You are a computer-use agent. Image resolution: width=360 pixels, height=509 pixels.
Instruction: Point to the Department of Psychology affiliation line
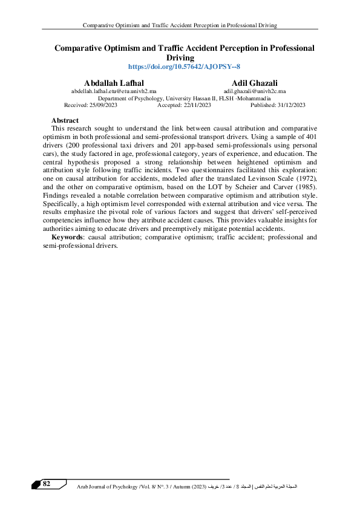pyautogui.click(x=185, y=98)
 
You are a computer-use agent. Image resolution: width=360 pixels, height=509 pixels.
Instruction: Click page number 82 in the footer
pyautogui.click(x=46, y=483)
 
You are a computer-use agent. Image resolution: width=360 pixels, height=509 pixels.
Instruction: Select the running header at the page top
pyautogui.click(x=180, y=25)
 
